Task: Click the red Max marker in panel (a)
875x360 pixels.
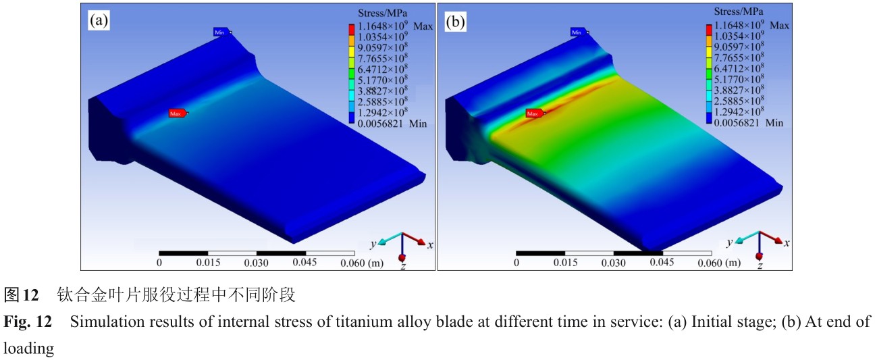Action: [177, 113]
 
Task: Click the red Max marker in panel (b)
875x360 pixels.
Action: [534, 113]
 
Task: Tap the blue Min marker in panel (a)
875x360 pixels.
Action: [221, 32]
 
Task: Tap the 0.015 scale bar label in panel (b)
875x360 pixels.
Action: [564, 263]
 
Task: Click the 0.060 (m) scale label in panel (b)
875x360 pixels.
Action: [718, 263]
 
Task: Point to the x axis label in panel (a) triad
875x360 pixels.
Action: [430, 244]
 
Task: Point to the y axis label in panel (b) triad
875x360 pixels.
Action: [729, 242]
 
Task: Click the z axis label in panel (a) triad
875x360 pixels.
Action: [402, 267]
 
